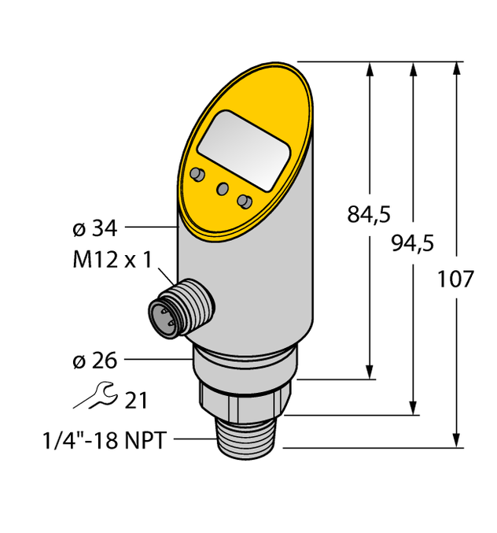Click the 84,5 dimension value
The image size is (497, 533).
click(x=369, y=214)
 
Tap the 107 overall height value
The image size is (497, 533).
click(x=455, y=279)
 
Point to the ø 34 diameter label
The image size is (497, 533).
click(x=94, y=228)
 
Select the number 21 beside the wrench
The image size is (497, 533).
click(x=135, y=401)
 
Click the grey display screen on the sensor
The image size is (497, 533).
click(x=241, y=149)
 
